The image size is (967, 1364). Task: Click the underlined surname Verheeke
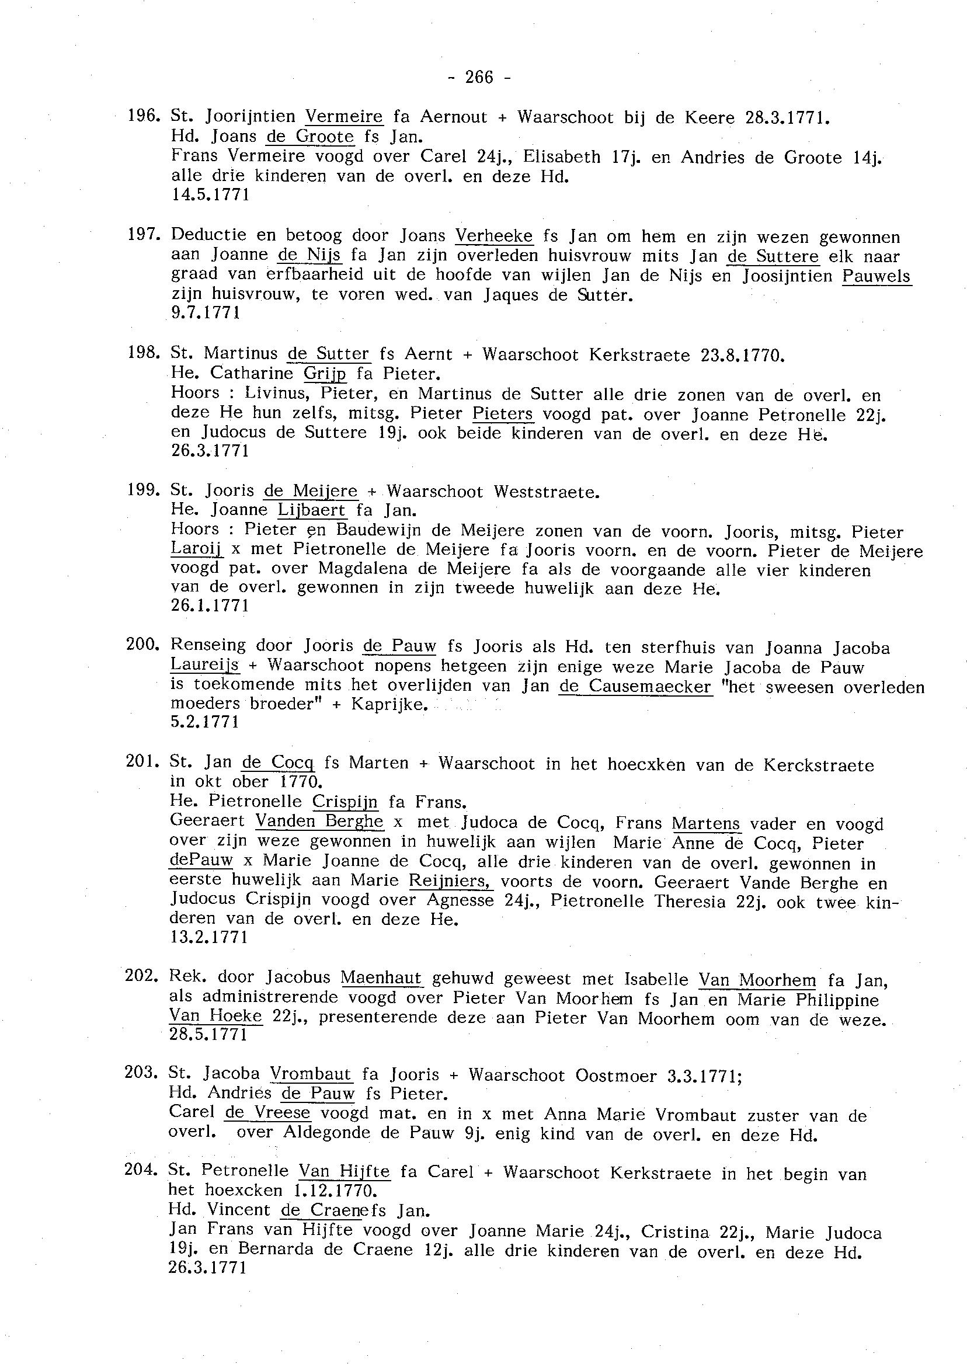click(493, 236)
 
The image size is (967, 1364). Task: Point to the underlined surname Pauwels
click(876, 276)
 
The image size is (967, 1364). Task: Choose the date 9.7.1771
click(206, 312)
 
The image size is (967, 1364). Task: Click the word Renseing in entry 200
click(208, 645)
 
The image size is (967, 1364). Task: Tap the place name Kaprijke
click(388, 705)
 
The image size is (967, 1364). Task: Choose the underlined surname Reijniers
click(451, 881)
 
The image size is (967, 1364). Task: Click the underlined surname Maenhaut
click(381, 978)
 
